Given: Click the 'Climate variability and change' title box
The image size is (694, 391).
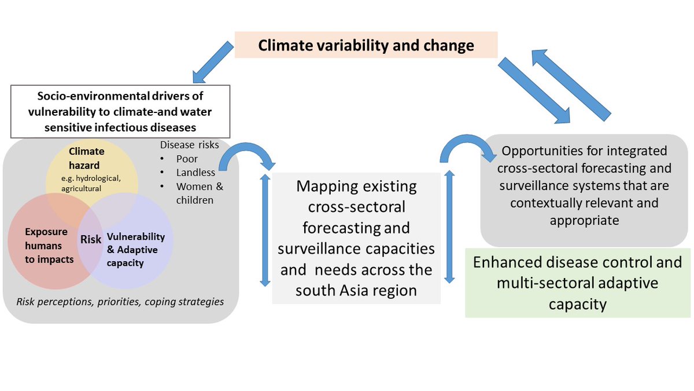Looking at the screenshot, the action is (366, 45).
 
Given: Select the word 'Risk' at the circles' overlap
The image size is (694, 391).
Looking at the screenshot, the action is (91, 239).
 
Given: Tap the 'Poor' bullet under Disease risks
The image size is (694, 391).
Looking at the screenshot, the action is (187, 158).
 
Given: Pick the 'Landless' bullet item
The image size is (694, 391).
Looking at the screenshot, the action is (195, 172).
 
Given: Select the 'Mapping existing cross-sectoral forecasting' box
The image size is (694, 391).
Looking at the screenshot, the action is (356, 237).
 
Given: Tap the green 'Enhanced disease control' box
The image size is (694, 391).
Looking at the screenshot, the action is (578, 283).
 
